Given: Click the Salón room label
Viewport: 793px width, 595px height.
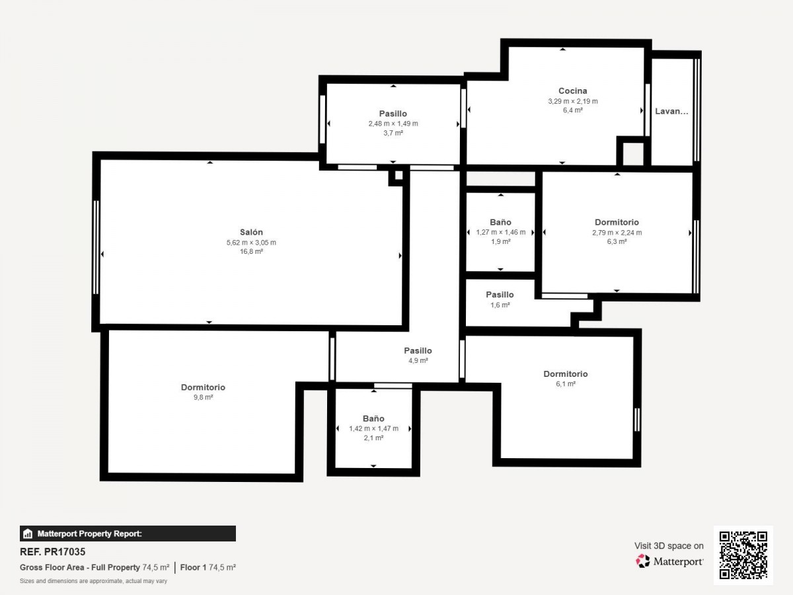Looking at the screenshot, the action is coord(251,232).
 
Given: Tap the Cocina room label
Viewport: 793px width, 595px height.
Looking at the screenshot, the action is coord(573,91).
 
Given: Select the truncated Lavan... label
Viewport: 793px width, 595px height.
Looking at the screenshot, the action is coord(671,111).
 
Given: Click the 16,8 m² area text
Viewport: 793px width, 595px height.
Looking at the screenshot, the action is coord(251,251).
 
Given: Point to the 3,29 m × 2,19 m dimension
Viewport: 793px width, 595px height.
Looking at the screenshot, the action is coord(573,101).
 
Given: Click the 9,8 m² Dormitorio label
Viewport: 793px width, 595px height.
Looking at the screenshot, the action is coord(203,387).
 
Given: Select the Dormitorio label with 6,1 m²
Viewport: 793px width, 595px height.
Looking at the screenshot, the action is coord(566,374).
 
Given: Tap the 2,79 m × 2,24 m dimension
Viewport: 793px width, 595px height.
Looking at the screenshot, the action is coord(617,233).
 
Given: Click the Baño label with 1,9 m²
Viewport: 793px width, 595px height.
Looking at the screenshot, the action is coord(500,222).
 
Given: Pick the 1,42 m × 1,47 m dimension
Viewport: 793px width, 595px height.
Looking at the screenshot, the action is coord(373,428).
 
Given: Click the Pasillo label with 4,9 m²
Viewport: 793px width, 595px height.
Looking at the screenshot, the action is coord(418,350).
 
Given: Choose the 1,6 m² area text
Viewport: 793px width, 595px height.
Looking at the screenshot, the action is coord(500,305).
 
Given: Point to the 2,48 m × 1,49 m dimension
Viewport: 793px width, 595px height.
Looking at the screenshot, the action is coord(393,124).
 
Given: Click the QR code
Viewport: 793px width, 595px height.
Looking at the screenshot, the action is coord(743,555).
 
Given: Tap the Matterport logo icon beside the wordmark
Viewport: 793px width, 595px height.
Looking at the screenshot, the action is coord(642,561).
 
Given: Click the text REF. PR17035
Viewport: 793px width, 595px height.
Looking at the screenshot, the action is coord(53,551).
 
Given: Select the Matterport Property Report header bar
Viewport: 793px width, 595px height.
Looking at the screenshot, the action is coord(128,534).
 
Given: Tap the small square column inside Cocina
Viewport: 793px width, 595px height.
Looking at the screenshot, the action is coord(633,153).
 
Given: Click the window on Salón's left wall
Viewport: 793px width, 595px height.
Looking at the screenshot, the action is coord(96,247).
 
